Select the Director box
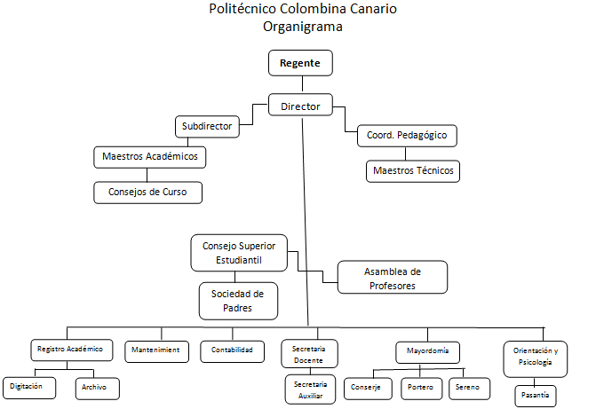(300, 106)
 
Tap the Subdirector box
(207, 127)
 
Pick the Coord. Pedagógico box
(407, 136)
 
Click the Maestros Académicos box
(150, 158)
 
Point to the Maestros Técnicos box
(413, 170)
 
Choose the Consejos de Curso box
(148, 192)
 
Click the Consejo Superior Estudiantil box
(239, 253)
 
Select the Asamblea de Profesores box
(392, 278)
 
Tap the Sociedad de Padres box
(238, 300)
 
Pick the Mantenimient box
(157, 350)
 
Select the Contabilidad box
(232, 350)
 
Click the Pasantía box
(536, 394)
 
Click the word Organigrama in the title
(303, 27)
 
